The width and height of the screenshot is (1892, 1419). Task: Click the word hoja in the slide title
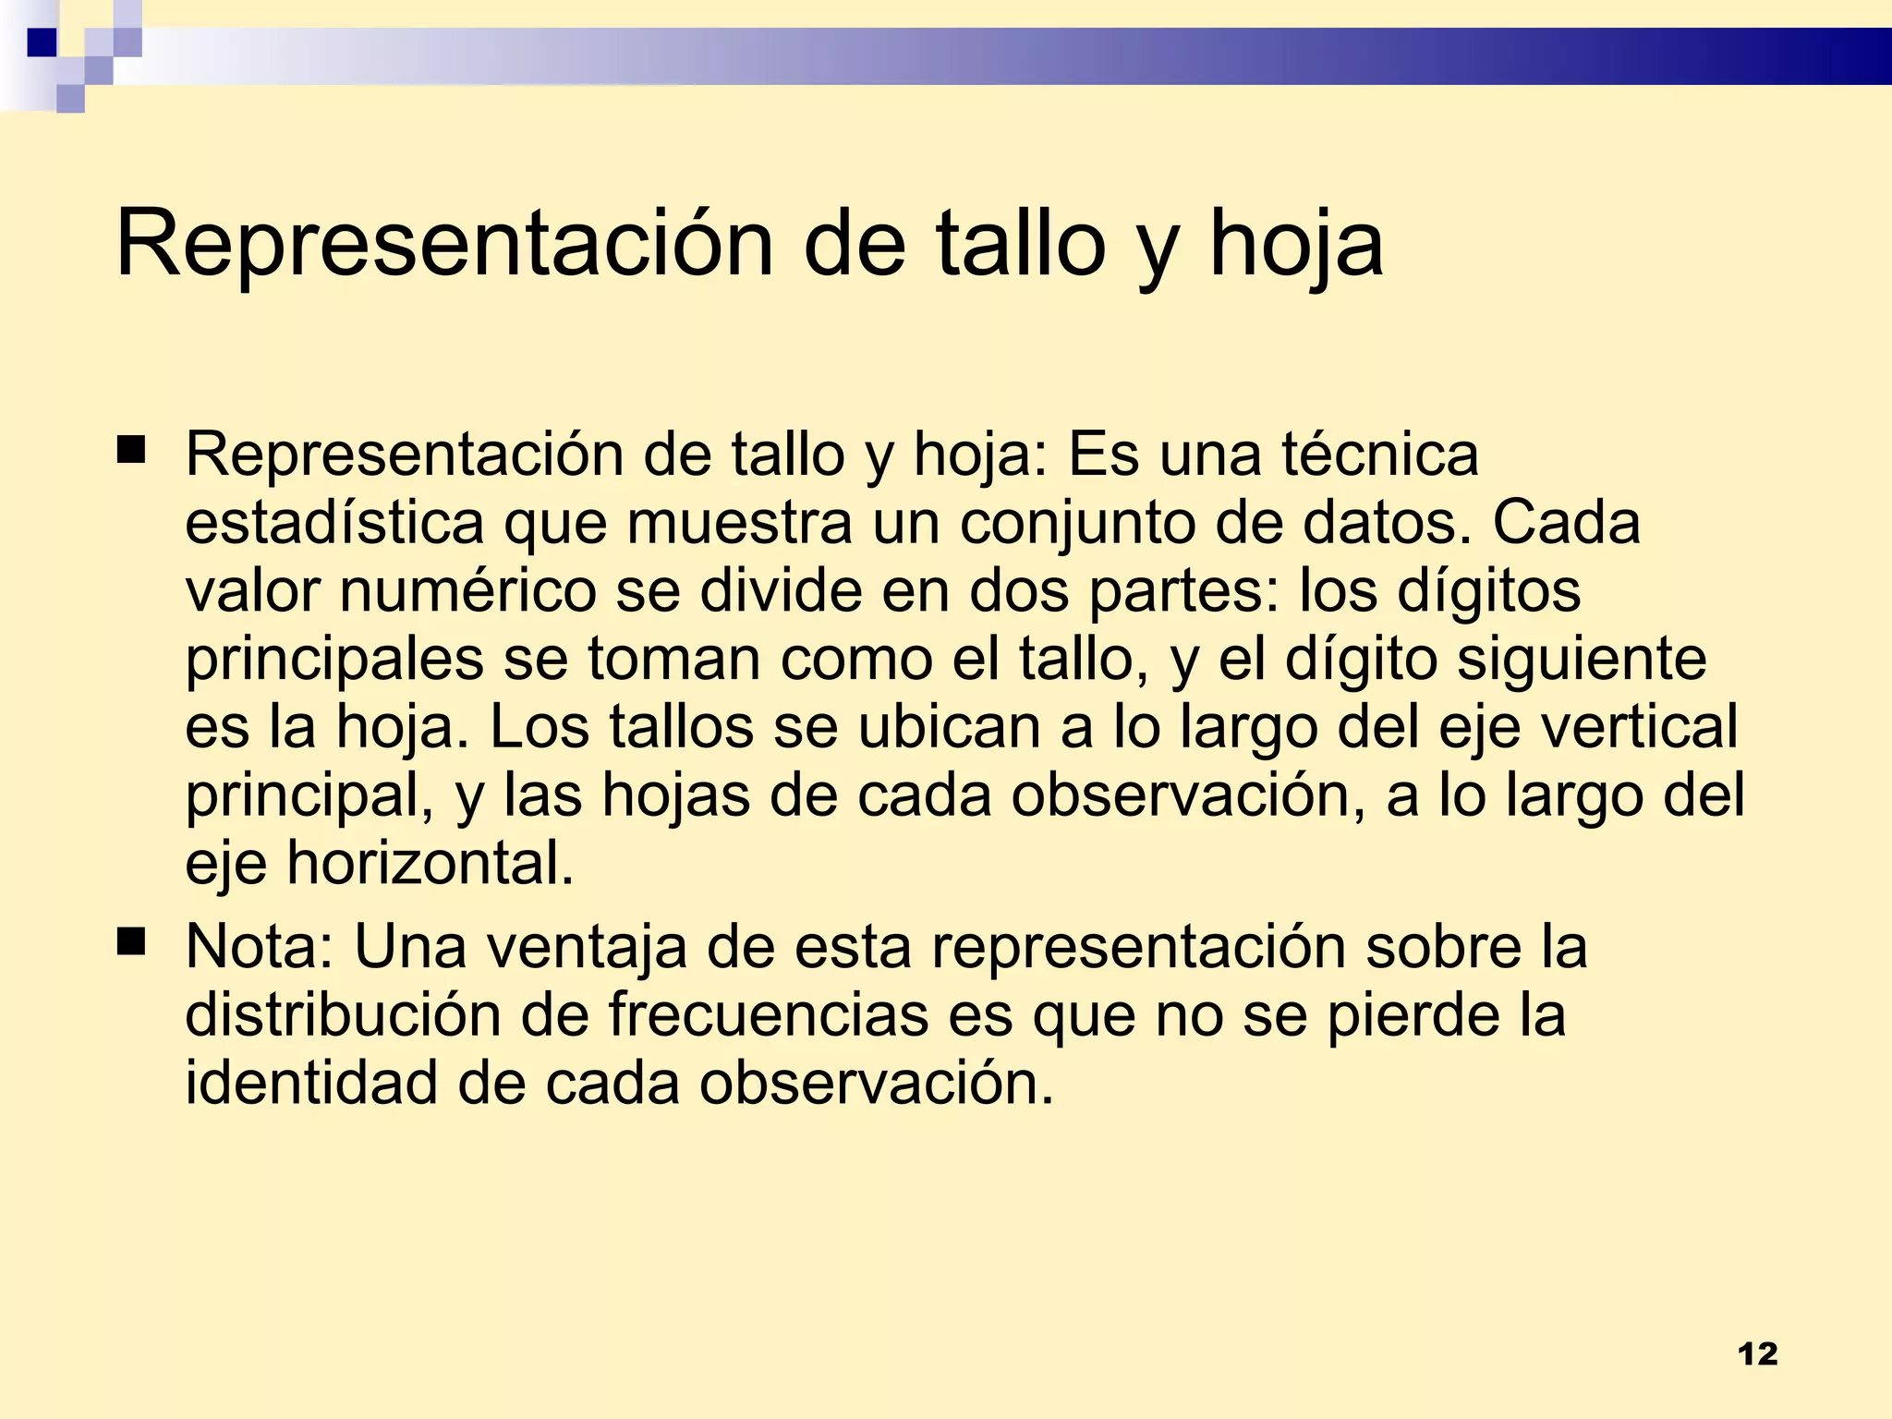1295,244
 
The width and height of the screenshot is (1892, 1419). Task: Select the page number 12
1757,1354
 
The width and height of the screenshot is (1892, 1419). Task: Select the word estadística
334,523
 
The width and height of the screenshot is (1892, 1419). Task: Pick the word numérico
468,591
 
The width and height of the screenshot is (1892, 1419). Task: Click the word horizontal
431,864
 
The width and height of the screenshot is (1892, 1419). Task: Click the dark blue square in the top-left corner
42,42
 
